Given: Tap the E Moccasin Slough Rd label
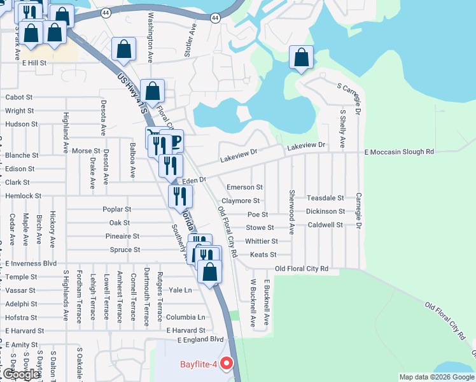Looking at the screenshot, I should click(x=398, y=152).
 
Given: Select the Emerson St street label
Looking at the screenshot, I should click(x=244, y=187).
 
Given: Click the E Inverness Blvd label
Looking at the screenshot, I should click(x=31, y=263).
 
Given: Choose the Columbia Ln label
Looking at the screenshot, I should click(x=186, y=317).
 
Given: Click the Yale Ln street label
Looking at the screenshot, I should click(x=179, y=290).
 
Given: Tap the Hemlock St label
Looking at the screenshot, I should click(x=23, y=196).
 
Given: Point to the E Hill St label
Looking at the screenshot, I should click(x=34, y=63).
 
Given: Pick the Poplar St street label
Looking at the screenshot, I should click(x=116, y=209).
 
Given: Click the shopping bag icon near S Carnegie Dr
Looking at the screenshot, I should click(x=302, y=58).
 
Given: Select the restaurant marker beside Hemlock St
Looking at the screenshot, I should click(x=179, y=195).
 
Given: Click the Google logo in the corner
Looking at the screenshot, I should click(x=20, y=374).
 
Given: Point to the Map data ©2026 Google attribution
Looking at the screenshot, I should click(x=437, y=377).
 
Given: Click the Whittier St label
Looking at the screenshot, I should click(x=261, y=241).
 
